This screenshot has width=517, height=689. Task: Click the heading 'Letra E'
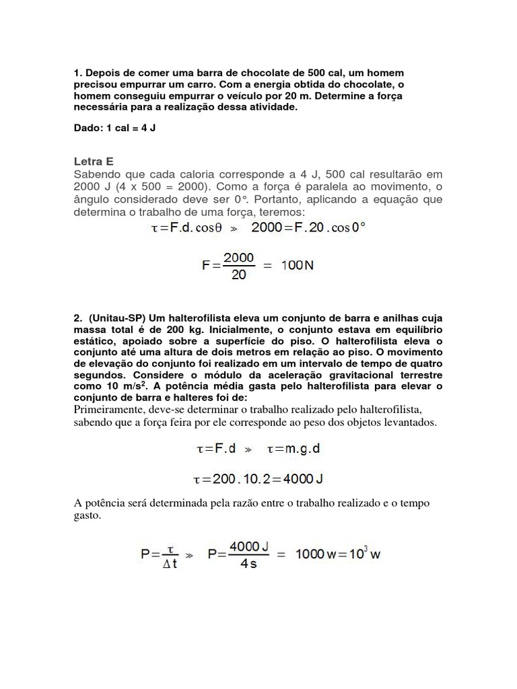pos(93,161)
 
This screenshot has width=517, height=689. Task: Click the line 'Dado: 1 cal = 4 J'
pos(114,127)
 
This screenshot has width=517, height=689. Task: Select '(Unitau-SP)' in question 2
pos(114,317)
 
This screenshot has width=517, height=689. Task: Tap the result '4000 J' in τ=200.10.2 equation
pos(297,478)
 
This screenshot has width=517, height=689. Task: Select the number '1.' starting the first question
pos(77,71)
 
